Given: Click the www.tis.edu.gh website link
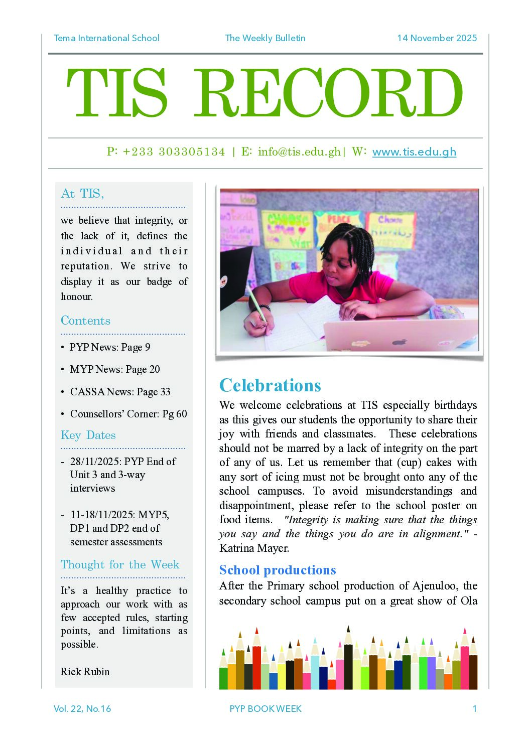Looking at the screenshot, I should [414, 152].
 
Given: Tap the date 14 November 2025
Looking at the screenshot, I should [437, 38].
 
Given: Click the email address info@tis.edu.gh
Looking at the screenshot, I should [299, 152].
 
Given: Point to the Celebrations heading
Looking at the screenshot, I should [270, 385].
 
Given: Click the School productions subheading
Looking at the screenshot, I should [278, 570].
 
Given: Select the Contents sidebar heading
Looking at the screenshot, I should [85, 321].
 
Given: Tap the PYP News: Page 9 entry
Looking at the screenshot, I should [110, 347].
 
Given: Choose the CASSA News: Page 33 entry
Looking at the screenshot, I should [120, 392].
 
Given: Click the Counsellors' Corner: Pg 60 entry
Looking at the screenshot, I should [128, 414].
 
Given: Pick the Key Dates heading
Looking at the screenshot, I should [88, 435].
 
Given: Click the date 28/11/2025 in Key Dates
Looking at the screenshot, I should [94, 462].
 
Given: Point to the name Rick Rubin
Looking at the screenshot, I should [85, 672].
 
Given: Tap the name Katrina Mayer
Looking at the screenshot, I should [254, 548].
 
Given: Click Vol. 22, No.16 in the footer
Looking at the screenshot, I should [82, 709].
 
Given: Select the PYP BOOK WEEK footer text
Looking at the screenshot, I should [265, 709].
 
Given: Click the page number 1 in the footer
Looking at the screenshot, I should [474, 709].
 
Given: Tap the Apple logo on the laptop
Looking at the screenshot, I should [400, 343].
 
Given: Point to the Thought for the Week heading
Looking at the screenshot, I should [120, 564].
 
